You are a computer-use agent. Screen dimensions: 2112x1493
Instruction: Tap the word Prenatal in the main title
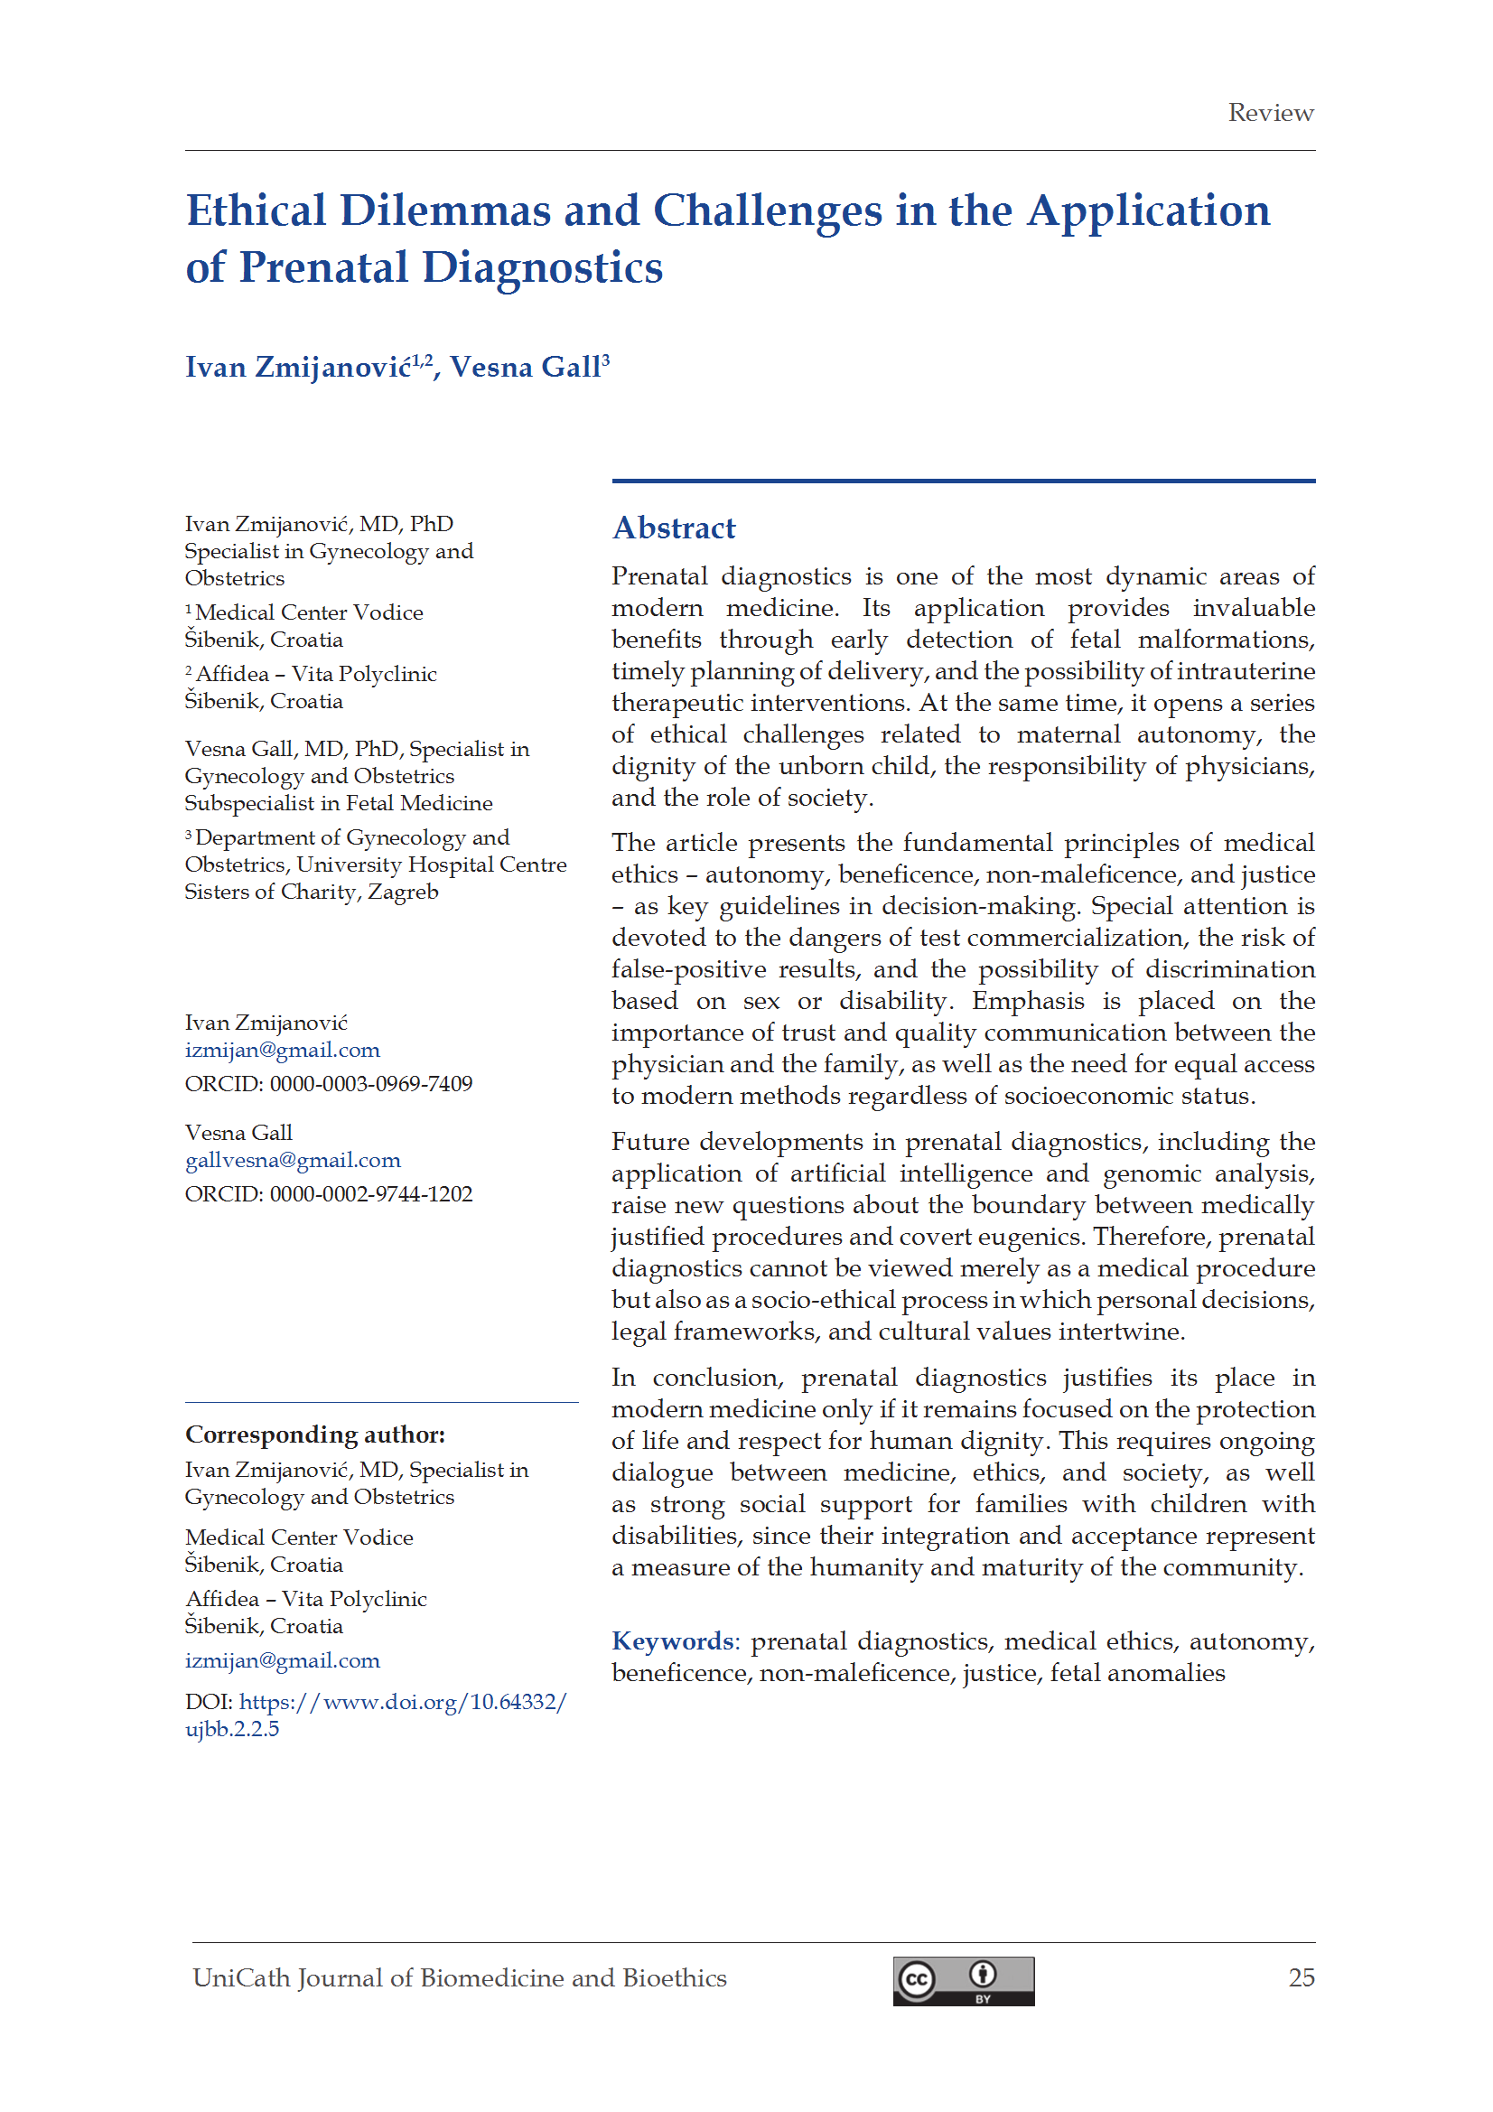pos(322,267)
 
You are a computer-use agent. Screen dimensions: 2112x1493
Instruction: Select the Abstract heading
pos(674,528)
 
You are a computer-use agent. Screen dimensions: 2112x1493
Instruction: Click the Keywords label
pos(673,1641)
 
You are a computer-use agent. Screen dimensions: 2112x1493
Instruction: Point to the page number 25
pos(1301,1977)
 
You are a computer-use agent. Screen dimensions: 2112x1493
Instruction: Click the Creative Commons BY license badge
pos(962,1980)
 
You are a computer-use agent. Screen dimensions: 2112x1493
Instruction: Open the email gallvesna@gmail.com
pos(293,1160)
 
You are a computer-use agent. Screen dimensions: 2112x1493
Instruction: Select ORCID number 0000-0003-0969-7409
pos(370,1084)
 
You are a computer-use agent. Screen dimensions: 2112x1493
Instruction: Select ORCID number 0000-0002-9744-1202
pos(370,1194)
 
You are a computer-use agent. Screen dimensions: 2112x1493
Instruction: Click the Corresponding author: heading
pos(314,1434)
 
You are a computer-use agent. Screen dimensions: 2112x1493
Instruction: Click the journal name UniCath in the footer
pos(241,1977)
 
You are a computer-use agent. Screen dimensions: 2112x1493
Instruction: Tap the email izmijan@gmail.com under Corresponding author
pos(282,1660)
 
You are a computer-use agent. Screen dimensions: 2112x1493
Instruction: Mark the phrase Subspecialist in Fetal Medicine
pos(338,803)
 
